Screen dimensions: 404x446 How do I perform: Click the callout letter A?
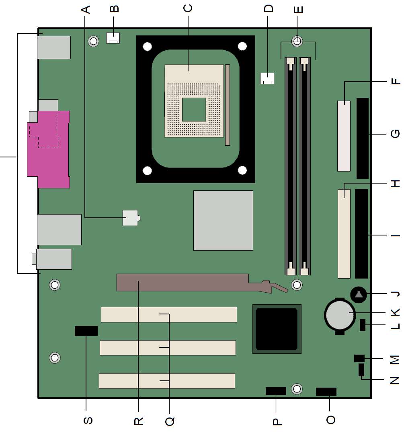[86, 10]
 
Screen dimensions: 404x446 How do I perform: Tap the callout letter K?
[395, 312]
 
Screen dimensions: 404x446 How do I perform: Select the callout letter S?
[88, 420]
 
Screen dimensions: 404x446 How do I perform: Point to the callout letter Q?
[170, 421]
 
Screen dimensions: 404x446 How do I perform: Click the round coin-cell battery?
[340, 315]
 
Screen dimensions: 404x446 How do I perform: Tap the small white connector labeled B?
[113, 38]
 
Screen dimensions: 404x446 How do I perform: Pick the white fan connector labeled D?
[267, 78]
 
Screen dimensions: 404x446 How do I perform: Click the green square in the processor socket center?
[194, 109]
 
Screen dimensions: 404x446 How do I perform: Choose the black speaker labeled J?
[359, 295]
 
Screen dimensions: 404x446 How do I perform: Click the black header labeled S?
[86, 331]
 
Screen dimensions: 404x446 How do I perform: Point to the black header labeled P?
[276, 391]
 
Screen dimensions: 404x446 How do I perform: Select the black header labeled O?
[326, 392]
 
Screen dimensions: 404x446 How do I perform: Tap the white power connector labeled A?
[131, 218]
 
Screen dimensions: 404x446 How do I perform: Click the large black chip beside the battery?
[277, 329]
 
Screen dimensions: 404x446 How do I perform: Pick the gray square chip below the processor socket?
[224, 221]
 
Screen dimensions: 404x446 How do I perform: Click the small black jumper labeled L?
[363, 325]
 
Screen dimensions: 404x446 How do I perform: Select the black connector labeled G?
[363, 138]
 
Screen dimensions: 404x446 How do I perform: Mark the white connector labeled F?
[344, 136]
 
